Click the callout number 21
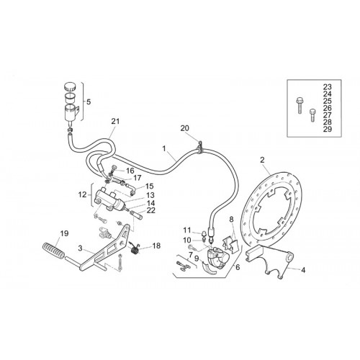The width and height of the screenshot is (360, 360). [x=115, y=122]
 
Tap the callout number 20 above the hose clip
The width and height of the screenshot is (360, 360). [x=185, y=128]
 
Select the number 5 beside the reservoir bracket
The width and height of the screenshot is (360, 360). [x=89, y=102]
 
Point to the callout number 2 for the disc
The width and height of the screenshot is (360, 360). [x=262, y=160]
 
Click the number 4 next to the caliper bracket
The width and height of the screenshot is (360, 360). [x=303, y=270]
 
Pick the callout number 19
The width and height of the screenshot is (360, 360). [x=64, y=233]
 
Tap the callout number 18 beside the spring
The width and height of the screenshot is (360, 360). [x=156, y=246]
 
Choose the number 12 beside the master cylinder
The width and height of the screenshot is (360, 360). [x=82, y=194]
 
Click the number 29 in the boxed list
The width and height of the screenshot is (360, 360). [x=328, y=129]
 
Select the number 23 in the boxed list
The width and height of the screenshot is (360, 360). [x=328, y=87]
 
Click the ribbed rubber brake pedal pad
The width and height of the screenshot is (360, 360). [x=53, y=251]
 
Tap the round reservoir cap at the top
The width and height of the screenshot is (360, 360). [x=70, y=86]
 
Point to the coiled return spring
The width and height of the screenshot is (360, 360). [x=135, y=249]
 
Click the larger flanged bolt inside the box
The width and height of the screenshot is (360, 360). [x=299, y=105]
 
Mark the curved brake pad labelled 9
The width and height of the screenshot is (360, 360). [x=210, y=267]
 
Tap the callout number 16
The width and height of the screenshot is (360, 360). [x=130, y=171]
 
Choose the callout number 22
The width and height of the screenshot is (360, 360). [x=151, y=210]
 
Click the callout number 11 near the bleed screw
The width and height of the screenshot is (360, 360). [x=187, y=230]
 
